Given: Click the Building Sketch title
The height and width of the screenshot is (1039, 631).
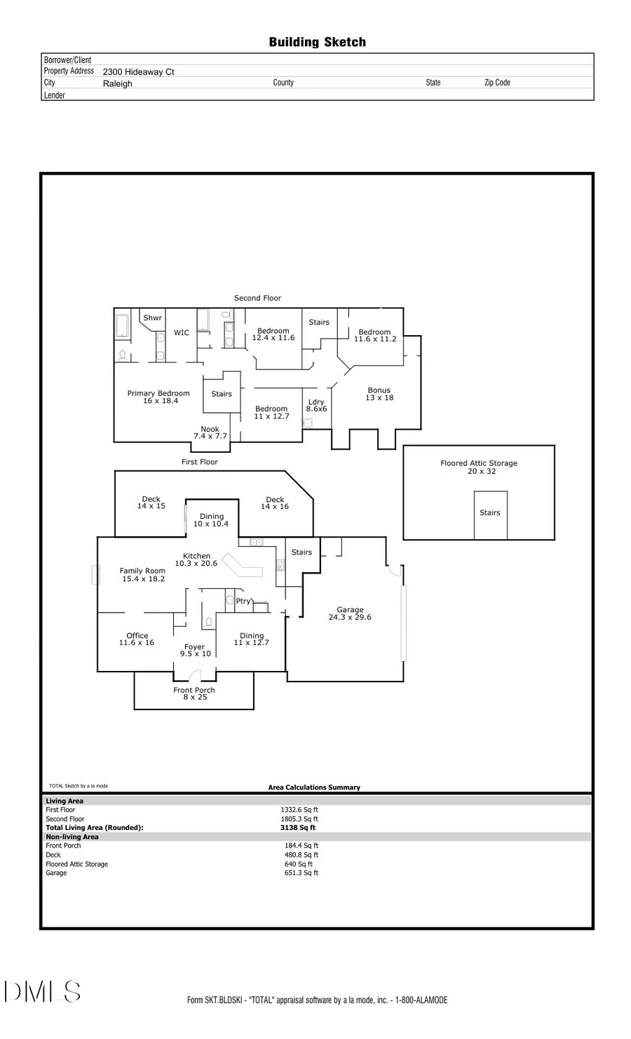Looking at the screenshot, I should [317, 42].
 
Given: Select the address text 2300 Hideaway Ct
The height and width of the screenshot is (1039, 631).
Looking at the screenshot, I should [138, 72].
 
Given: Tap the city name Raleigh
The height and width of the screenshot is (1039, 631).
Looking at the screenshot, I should [117, 83].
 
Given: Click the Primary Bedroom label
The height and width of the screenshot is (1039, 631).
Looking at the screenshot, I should [158, 393].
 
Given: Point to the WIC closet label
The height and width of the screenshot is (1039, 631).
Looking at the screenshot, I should [182, 333].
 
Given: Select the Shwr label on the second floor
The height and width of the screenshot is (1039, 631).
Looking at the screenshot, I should [152, 318].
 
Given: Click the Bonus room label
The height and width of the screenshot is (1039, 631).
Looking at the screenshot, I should [379, 391].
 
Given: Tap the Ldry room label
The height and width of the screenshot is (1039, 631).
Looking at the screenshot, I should [316, 402].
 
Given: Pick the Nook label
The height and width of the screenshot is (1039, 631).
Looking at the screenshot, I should [210, 429].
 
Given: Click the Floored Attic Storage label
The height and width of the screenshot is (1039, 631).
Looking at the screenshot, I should [479, 463].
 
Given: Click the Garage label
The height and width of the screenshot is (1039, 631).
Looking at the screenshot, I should [350, 610].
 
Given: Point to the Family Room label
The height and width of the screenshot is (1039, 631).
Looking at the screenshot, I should [142, 571].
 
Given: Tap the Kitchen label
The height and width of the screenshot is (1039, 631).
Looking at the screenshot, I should [196, 556].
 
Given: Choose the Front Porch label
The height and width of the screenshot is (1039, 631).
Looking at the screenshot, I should [194, 690].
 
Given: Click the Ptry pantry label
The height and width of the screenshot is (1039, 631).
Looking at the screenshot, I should [243, 602].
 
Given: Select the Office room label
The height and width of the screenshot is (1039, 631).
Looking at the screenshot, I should [137, 636].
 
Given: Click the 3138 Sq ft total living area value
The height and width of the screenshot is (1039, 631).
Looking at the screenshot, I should [298, 827].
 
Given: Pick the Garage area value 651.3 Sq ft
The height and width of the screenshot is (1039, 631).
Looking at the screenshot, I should [301, 873].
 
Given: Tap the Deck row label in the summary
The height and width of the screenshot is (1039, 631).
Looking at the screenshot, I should [53, 855].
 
